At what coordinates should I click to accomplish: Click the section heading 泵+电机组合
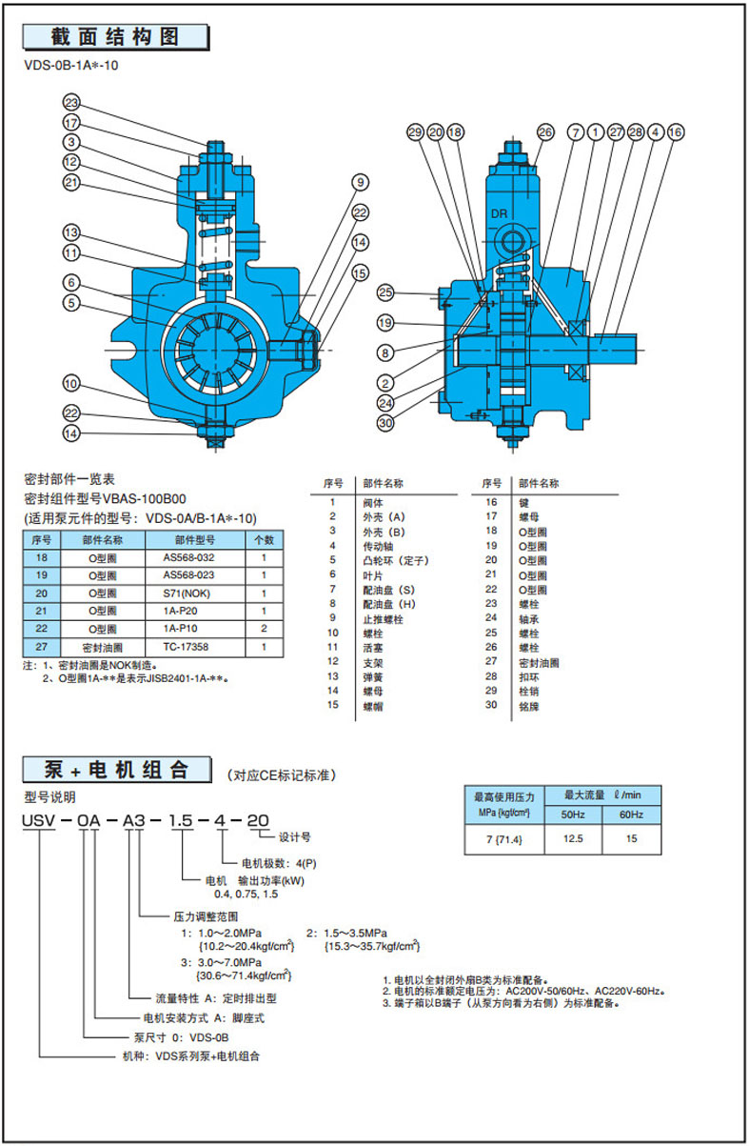(117, 769)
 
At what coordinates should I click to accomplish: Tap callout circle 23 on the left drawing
(72, 103)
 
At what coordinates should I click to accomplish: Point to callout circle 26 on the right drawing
(545, 132)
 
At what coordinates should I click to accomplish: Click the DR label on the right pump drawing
(503, 215)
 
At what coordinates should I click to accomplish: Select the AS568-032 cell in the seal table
(188, 557)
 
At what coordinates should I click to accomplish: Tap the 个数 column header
(263, 539)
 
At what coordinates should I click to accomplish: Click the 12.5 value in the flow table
(573, 840)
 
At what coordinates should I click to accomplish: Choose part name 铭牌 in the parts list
(527, 705)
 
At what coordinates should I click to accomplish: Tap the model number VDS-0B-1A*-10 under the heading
(72, 66)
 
